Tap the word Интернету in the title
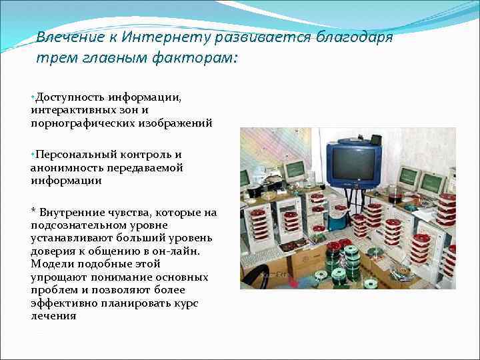166,37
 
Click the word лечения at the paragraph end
53,316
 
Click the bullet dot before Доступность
32,97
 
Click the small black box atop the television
375,140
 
